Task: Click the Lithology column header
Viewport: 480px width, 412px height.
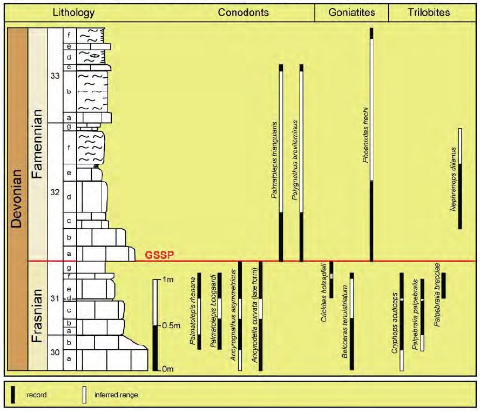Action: (73, 12)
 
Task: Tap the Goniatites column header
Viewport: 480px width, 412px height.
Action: (351, 12)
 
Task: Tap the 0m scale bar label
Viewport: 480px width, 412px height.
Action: (167, 369)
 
